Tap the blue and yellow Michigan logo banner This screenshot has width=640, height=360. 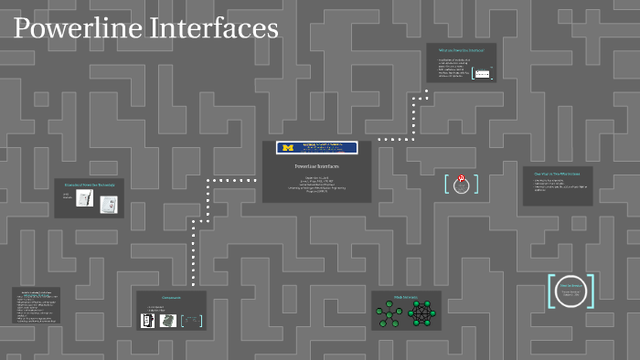coord(317,147)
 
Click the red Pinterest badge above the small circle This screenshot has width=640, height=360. coord(461,179)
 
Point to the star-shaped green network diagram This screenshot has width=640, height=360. coord(389,314)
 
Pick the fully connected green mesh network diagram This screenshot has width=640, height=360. coord(421,313)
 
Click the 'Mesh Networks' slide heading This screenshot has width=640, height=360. coord(406,297)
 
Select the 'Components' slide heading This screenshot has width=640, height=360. coord(171,298)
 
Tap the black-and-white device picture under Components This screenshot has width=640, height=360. coord(146,320)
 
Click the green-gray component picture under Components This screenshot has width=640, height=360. coord(167,320)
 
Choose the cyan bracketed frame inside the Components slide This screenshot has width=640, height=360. coord(191,320)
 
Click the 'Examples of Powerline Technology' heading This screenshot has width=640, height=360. coord(89,183)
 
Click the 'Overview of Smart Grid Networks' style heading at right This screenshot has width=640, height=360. coord(557,172)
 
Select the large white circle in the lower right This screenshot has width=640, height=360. coord(571,291)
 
